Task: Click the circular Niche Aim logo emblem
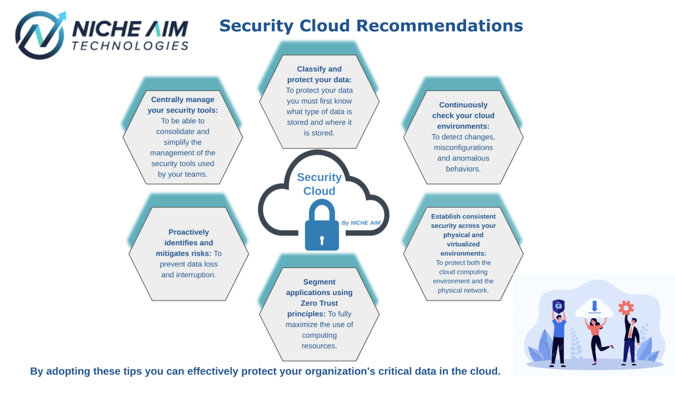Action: click(x=40, y=35)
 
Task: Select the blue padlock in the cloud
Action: click(x=322, y=225)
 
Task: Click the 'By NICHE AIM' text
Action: click(x=361, y=223)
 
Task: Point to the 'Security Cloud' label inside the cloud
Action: click(x=319, y=184)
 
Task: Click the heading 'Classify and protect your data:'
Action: click(x=319, y=74)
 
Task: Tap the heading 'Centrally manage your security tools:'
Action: click(x=183, y=105)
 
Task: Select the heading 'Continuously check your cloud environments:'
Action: click(x=463, y=116)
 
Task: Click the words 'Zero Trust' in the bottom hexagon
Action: click(x=319, y=303)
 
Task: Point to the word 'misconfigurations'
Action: click(x=463, y=147)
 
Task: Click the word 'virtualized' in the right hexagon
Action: click(x=463, y=244)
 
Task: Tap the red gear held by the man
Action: click(x=626, y=308)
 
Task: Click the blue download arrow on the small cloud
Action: click(x=594, y=306)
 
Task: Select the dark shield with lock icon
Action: click(x=558, y=306)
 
